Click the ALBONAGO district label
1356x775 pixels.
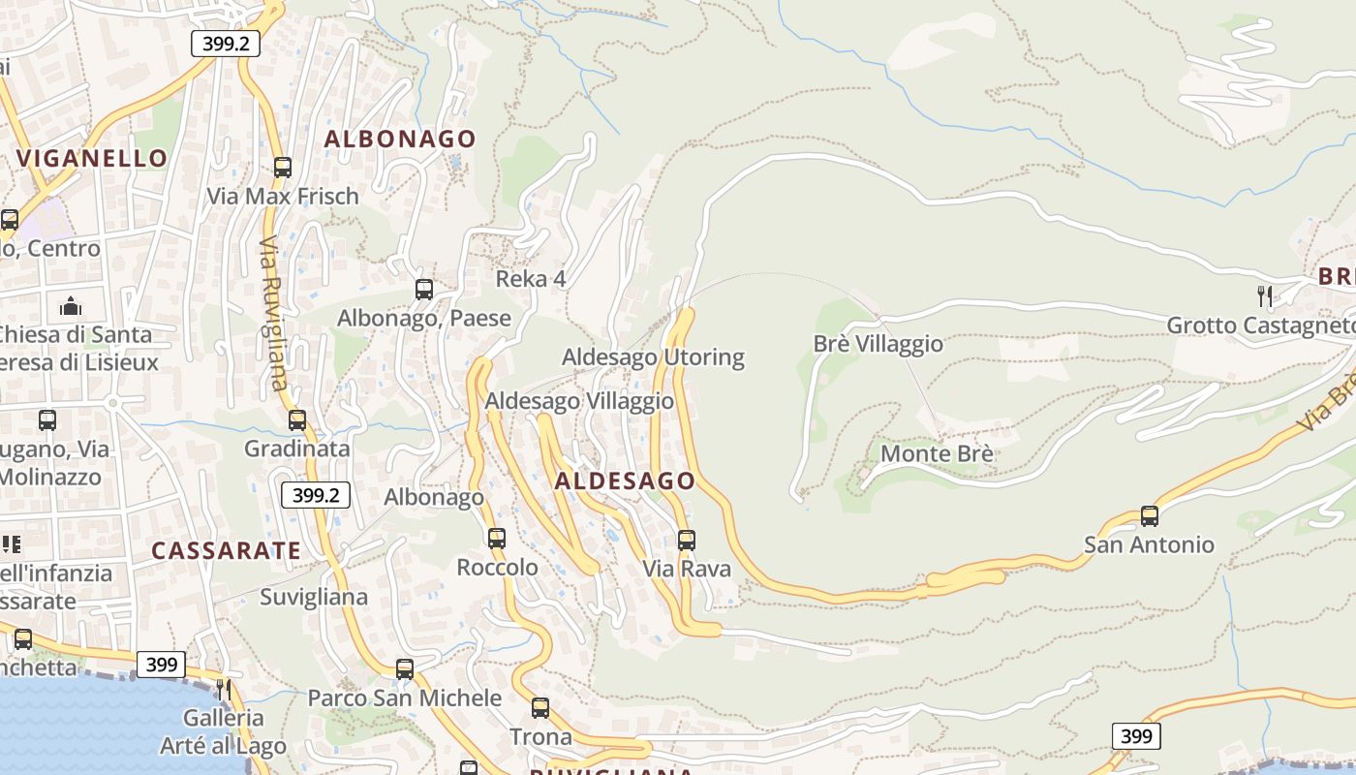tap(400, 139)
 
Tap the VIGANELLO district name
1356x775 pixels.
tap(92, 158)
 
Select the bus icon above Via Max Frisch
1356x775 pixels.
tap(283, 167)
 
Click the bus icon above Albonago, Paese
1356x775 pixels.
tap(423, 289)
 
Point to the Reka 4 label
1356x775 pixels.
tap(531, 279)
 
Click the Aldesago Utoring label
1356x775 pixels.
tap(653, 357)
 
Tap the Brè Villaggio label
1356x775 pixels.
tap(878, 344)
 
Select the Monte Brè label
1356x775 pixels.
tap(937, 453)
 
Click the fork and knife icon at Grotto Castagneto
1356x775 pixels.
tap(1264, 295)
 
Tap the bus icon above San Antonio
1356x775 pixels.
tap(1150, 515)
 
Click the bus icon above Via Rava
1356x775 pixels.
tap(687, 540)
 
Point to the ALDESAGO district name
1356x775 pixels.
tap(625, 480)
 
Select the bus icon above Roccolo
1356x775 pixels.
tap(497, 538)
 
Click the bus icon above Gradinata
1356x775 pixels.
tap(297, 419)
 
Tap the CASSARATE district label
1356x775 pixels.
tap(226, 551)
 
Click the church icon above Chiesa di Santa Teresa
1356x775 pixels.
tap(71, 307)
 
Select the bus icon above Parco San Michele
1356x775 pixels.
tap(405, 668)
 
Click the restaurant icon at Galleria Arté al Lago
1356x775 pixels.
tap(224, 689)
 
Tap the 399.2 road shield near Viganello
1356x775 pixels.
tap(226, 44)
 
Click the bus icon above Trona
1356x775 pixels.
tap(540, 708)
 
